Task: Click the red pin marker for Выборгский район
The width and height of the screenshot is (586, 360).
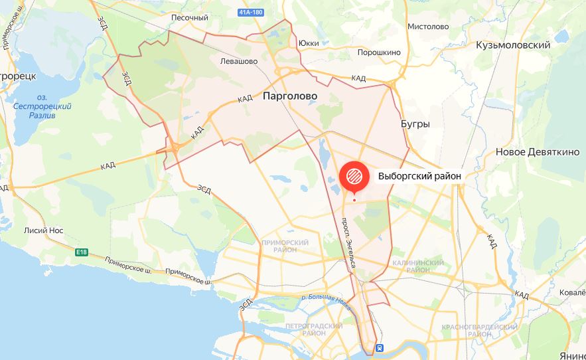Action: click(353, 176)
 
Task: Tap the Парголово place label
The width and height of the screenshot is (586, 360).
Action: click(290, 96)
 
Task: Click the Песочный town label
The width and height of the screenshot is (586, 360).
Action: click(190, 18)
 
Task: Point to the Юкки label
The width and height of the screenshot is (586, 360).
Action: click(309, 43)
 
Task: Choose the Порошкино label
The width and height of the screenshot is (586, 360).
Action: click(380, 52)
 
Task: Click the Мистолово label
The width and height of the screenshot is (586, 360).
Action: click(428, 27)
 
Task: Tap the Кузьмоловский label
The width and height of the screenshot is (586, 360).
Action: click(513, 45)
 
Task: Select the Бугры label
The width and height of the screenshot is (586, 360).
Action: click(415, 124)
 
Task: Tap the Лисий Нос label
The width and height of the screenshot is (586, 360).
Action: click(44, 230)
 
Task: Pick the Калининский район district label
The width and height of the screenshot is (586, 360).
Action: click(417, 266)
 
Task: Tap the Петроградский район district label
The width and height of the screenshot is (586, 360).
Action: click(313, 329)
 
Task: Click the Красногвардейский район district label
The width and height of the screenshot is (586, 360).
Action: click(479, 331)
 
